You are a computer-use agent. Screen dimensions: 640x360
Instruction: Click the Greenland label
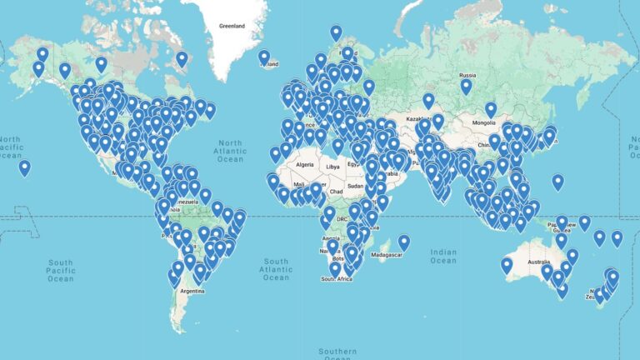(x=232, y=26)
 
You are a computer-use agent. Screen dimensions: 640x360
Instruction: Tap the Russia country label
(x=467, y=74)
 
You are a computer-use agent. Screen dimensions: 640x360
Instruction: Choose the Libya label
(x=332, y=167)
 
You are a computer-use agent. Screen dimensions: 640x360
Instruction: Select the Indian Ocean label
(x=443, y=256)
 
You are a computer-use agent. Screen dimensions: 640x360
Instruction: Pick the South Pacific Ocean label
(x=61, y=271)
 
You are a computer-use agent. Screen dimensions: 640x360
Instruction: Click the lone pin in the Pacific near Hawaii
(x=25, y=167)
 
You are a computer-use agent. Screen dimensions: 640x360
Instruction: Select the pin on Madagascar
(x=404, y=242)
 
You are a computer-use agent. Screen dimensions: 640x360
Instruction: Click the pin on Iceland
(x=264, y=57)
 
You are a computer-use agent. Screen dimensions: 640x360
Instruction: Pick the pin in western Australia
(x=506, y=265)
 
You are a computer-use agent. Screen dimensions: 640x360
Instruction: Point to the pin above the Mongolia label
(x=491, y=109)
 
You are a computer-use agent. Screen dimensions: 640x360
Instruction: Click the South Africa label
(x=339, y=278)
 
